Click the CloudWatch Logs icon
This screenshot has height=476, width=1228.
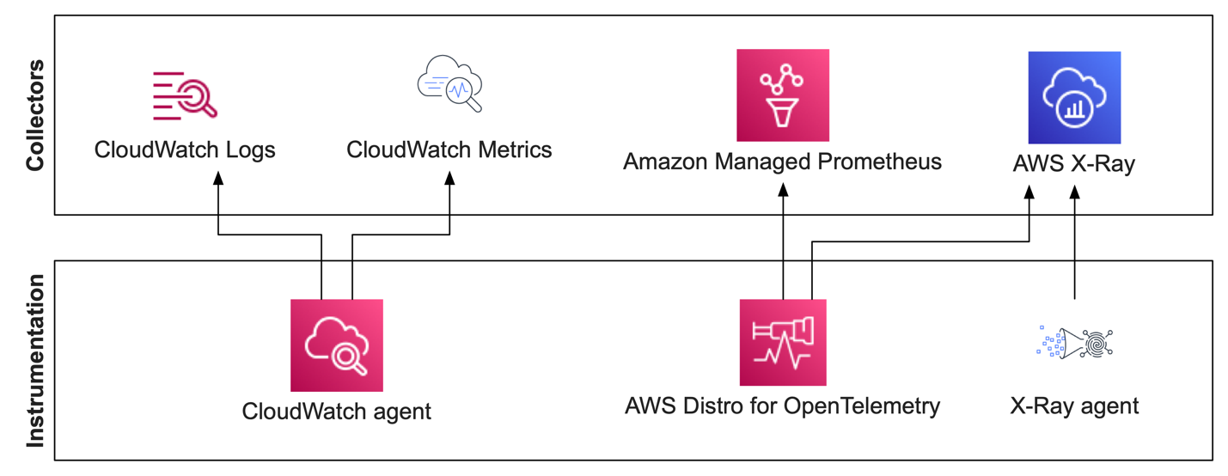pos(184,95)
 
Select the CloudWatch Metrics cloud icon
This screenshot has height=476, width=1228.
pos(449,84)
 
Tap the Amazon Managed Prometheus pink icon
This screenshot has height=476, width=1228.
pos(782,95)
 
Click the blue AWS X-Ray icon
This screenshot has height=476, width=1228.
pos(1074,97)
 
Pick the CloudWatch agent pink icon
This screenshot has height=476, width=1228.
pos(336,345)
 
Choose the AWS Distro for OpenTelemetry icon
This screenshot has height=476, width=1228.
pos(782,342)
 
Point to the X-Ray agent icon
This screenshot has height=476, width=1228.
pos(1074,342)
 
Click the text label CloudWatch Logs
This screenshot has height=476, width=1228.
pos(185,150)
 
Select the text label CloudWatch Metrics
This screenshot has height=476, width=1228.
pos(449,150)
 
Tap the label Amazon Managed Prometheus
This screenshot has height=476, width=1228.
pos(782,161)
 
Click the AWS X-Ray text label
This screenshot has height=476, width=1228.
pos(1074,163)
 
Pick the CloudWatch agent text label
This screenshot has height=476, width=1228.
pos(336,411)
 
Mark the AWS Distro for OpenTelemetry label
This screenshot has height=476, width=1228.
pos(782,406)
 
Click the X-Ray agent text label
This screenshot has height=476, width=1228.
pos(1074,406)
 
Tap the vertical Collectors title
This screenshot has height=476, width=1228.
pos(35,115)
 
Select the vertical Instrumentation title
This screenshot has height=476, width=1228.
pos(35,361)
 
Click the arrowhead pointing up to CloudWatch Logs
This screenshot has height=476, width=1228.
pos(218,178)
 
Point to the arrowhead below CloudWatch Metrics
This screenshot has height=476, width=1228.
pos(449,178)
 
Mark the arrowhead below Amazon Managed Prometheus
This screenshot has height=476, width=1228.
pos(783,189)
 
